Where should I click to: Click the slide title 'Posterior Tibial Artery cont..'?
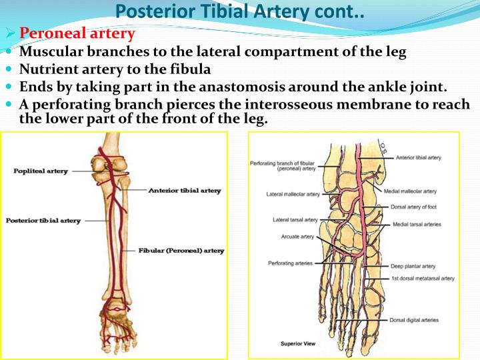(x=239, y=11)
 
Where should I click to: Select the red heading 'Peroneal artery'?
(x=77, y=33)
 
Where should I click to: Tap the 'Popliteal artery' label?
(x=41, y=171)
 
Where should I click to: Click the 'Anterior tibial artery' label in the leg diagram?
(x=184, y=190)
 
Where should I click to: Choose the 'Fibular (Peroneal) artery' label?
(x=181, y=251)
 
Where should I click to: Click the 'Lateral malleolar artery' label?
(x=293, y=195)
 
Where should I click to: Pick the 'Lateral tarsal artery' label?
(x=295, y=219)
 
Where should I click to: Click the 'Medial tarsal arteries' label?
(x=417, y=225)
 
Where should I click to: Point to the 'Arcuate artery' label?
(x=297, y=237)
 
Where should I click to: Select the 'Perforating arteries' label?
(x=290, y=263)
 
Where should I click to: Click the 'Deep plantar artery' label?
(x=414, y=265)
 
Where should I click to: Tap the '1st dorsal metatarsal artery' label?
(x=423, y=278)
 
